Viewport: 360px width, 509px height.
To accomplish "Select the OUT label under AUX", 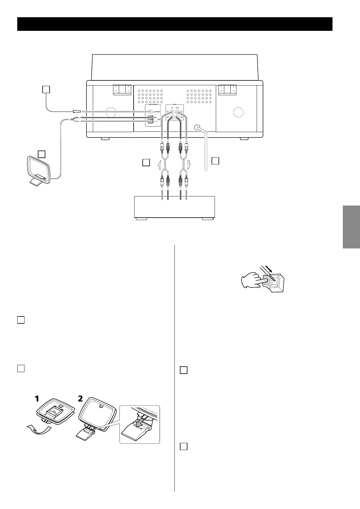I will pyautogui.click(x=177, y=108).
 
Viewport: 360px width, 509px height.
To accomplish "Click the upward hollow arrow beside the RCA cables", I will pyautogui.click(x=160, y=165).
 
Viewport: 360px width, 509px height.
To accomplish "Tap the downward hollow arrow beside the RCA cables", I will pyautogui.click(x=189, y=165).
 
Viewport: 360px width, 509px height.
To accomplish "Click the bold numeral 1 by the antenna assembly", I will pyautogui.click(x=37, y=399).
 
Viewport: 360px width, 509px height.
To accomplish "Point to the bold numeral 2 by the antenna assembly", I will pyautogui.click(x=80, y=399).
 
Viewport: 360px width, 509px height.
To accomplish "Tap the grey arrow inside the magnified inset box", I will pyautogui.click(x=140, y=423).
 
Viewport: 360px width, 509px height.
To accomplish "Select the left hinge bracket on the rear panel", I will pyautogui.click(x=122, y=90).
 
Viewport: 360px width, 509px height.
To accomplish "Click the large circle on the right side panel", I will pyautogui.click(x=238, y=112).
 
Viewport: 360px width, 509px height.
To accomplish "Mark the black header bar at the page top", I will pyautogui.click(x=175, y=24).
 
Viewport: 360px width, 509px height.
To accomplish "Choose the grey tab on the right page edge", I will pyautogui.click(x=351, y=227).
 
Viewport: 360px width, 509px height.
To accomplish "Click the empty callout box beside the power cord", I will pyautogui.click(x=215, y=160).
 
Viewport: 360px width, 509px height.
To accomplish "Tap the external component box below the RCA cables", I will pyautogui.click(x=174, y=207).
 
